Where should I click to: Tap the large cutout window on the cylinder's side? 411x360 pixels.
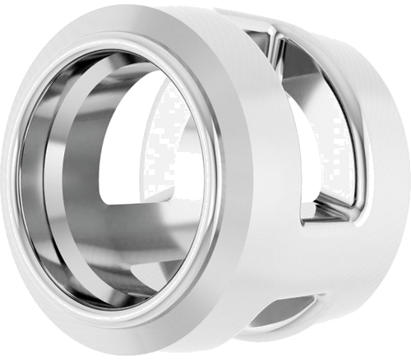pos(316,123)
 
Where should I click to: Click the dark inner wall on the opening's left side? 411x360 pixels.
pos(41,181)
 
